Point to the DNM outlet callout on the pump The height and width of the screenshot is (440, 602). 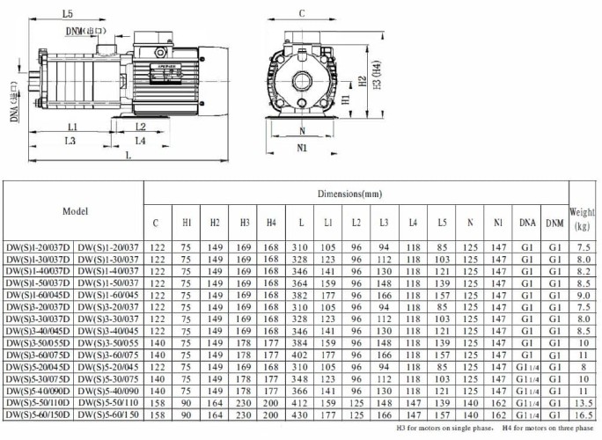pyautogui.click(x=92, y=32)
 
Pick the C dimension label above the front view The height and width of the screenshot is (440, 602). pyautogui.click(x=302, y=14)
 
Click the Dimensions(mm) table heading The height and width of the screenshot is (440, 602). pyautogui.click(x=356, y=192)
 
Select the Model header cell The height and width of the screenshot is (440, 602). pyautogui.click(x=75, y=211)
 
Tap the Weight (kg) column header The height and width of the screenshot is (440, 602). pyautogui.click(x=582, y=218)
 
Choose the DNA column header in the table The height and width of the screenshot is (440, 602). pyautogui.click(x=526, y=224)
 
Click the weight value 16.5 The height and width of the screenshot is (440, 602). pyautogui.click(x=582, y=414)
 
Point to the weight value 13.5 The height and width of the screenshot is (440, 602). pyautogui.click(x=582, y=401)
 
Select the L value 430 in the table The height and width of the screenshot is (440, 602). pyautogui.click(x=301, y=414)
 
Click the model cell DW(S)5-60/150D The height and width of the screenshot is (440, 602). pyautogui.click(x=39, y=414)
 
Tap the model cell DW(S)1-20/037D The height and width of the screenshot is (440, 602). pyautogui.click(x=39, y=246)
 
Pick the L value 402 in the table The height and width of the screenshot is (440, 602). pyautogui.click(x=301, y=354)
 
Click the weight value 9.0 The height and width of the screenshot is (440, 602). pyautogui.click(x=582, y=295)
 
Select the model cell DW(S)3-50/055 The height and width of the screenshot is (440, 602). pyautogui.click(x=109, y=342)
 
